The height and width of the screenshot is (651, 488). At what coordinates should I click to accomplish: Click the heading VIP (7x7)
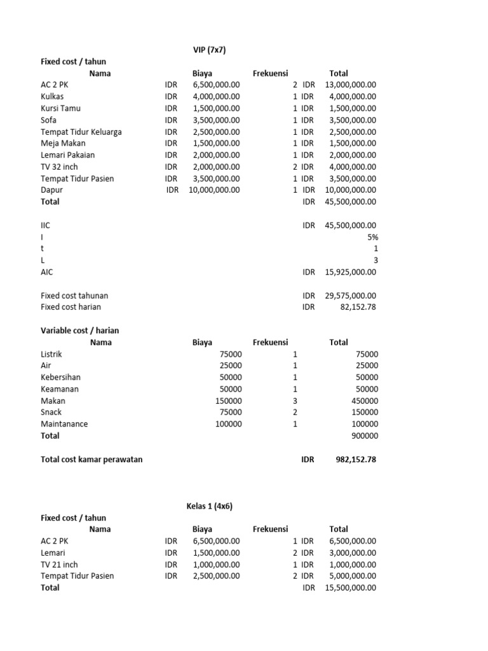tap(209, 50)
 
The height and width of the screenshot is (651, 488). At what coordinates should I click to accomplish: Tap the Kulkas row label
tap(52, 97)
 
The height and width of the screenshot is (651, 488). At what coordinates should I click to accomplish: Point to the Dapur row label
tap(52, 190)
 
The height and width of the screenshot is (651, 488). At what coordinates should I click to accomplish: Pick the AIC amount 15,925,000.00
tap(350, 272)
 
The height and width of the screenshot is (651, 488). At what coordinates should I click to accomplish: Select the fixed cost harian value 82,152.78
tap(358, 307)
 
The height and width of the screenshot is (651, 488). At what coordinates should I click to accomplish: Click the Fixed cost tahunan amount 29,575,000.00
tap(350, 296)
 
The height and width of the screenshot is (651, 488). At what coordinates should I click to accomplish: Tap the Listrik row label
tap(51, 354)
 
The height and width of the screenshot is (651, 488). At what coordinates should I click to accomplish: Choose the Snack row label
tap(51, 413)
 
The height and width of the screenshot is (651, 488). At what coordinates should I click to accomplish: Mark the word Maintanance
tap(64, 424)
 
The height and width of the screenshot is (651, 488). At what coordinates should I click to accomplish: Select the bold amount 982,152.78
tap(355, 460)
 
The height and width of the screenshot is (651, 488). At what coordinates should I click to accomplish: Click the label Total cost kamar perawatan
tap(91, 460)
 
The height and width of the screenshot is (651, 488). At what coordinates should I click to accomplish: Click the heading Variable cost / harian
tap(79, 331)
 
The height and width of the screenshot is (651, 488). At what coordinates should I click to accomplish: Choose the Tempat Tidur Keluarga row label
tap(81, 132)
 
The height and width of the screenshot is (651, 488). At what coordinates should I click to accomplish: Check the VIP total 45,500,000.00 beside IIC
tap(350, 225)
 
